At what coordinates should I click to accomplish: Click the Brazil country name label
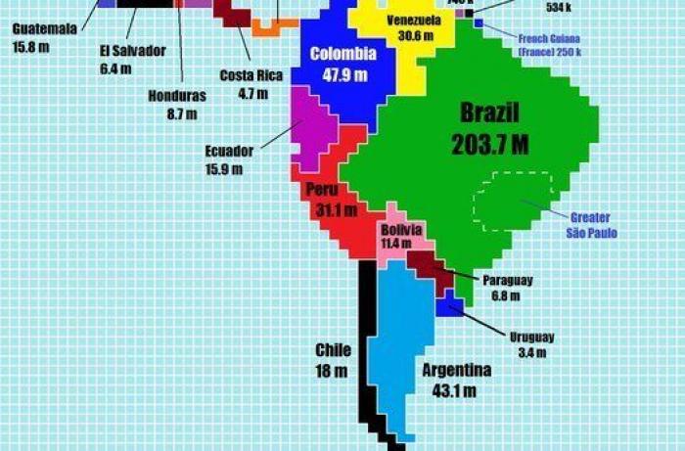point(490,112)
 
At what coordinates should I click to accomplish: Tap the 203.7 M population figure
point(489,145)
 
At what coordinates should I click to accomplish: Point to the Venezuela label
point(413,21)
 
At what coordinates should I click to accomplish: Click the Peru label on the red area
point(321,189)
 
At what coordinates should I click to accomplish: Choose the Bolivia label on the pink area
point(402,230)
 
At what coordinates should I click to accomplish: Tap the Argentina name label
point(456,371)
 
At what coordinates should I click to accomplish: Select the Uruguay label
point(532,338)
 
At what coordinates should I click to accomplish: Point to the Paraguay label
point(507,280)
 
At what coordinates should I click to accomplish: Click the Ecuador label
point(229,152)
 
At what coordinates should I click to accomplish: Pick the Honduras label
point(177,96)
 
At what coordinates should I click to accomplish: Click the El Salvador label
point(133,51)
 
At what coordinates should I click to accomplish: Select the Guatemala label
point(45,28)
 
